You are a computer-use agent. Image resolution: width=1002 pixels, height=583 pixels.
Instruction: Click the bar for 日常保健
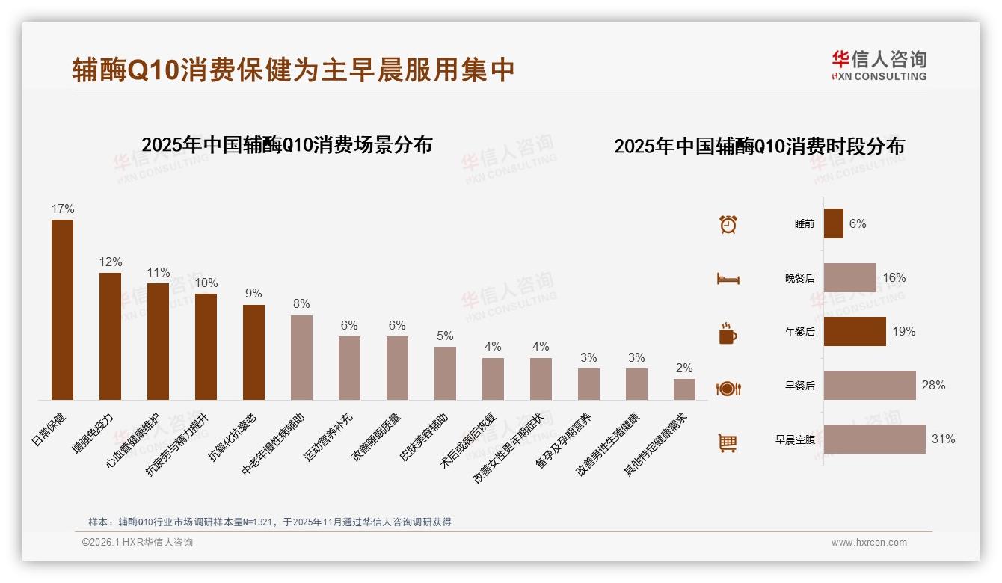pos(62,309)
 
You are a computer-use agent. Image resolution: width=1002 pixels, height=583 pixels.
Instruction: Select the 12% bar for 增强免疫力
pos(110,336)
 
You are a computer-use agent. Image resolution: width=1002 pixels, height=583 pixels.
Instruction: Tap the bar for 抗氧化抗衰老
pos(253,352)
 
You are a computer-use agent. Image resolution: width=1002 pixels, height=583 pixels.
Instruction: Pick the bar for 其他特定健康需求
pos(684,389)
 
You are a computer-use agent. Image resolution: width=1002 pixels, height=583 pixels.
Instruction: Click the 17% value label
pos(62,209)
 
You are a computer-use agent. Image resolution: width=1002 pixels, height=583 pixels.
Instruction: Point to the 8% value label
pos(301,304)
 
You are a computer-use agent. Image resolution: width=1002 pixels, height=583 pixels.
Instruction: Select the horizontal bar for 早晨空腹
pos(874,439)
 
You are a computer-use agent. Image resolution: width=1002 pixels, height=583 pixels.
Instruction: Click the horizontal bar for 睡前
pos(833,223)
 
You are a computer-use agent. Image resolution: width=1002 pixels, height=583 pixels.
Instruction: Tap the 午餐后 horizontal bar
pos(855,331)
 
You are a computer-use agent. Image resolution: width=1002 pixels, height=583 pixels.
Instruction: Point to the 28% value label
pos(933,386)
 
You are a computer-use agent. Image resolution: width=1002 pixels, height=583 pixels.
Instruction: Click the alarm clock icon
pos(728,224)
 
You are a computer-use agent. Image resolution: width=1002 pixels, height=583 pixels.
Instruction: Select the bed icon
pos(728,279)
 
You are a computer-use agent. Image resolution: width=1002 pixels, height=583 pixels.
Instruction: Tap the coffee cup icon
pos(728,333)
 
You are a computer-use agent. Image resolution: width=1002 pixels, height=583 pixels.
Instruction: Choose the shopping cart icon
pos(728,442)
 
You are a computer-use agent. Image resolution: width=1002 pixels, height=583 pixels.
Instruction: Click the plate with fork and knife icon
pos(728,389)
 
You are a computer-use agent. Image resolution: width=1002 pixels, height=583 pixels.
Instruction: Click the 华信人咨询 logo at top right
pos(879,65)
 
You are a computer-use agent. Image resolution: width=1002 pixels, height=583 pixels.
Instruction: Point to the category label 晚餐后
pos(799,278)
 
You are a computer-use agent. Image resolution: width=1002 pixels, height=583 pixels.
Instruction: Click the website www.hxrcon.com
pos(869,543)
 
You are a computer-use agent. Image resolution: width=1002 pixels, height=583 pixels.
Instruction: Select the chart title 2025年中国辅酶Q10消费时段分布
pos(759,146)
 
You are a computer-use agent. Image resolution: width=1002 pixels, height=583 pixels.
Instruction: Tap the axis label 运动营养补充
pos(329,436)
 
